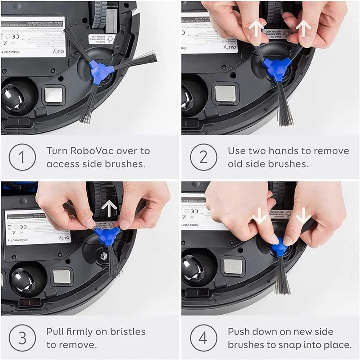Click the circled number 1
pos(22,157)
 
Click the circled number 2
pos(204,157)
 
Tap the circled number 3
pos(22,338)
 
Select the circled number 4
pos(204,338)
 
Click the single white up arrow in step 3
pos(109,208)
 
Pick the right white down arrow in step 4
pos(303,215)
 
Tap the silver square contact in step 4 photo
pos(233,266)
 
